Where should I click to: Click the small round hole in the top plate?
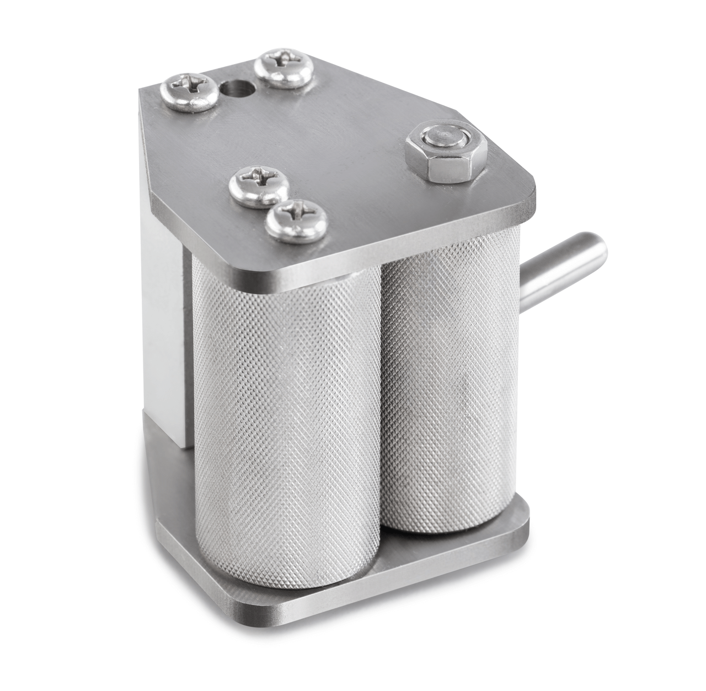pos(235,88)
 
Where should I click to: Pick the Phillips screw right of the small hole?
pos(284,68)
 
